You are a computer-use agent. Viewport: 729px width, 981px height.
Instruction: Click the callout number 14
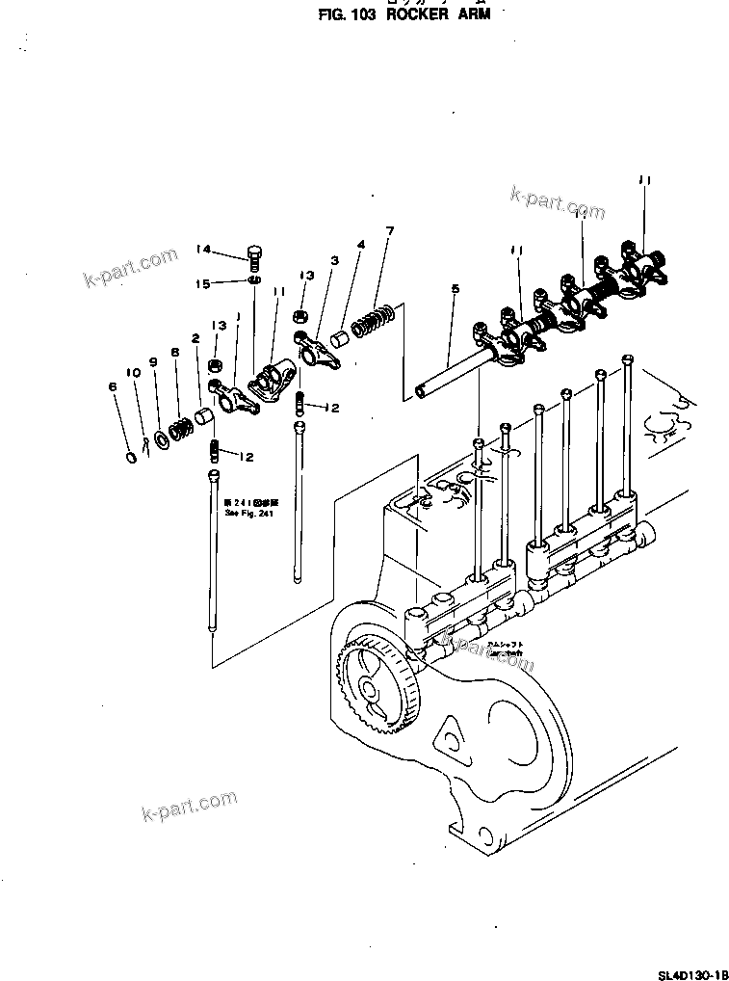pos(203,250)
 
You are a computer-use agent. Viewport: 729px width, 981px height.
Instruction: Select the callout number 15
pos(203,282)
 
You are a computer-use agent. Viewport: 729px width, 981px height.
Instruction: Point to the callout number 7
pos(390,231)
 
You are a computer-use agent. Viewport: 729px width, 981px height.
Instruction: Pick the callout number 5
pos(454,288)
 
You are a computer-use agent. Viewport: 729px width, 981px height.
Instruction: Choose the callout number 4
pos(360,245)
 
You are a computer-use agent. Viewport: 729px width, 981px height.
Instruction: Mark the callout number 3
pos(334,260)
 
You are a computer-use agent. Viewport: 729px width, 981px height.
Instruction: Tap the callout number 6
pos(113,386)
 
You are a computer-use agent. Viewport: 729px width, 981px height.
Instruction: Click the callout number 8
pos(174,353)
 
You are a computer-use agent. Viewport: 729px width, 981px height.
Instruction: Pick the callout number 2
pos(195,338)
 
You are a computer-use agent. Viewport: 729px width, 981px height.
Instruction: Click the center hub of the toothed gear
pos(370,688)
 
